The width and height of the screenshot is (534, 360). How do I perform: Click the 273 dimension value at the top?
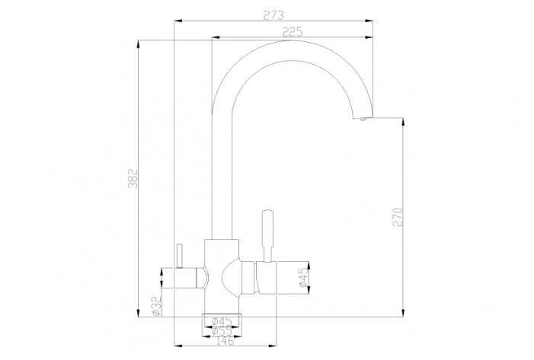272,15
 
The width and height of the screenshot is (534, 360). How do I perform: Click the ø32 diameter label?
155,306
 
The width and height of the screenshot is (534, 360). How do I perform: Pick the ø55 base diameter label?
222,331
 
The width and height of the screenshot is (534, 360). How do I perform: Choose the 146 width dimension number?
222,342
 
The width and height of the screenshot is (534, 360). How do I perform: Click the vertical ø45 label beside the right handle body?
302,278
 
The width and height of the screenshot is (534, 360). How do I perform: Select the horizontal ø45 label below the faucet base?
222,321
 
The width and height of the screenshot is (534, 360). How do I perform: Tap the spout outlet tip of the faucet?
363,118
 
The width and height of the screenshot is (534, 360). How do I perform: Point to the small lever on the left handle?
181,256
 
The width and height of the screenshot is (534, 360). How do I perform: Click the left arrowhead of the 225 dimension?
214,37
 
